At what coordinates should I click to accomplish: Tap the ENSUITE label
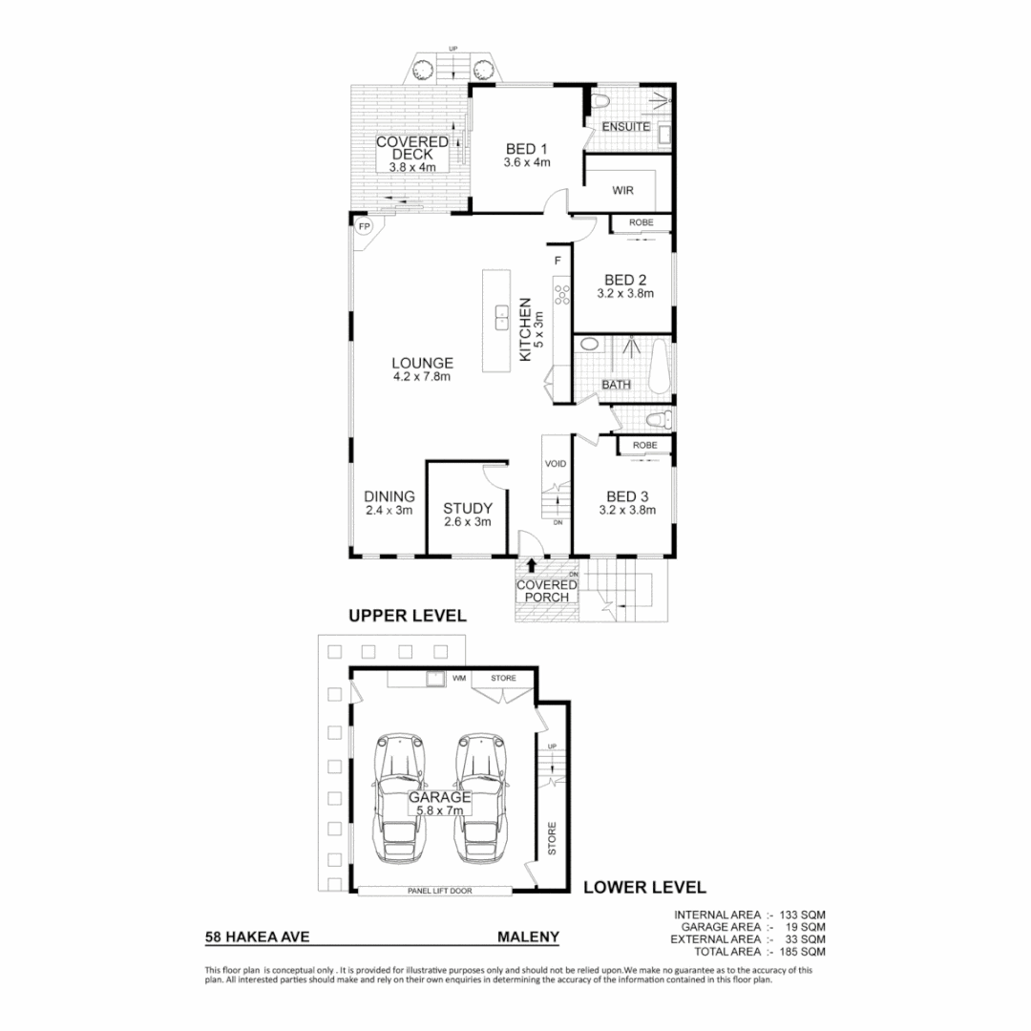626,126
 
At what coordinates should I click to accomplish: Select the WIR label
623,189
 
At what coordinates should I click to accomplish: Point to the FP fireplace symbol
363,227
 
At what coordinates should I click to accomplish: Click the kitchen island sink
501,318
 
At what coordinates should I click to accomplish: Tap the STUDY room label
468,508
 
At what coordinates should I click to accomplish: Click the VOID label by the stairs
556,464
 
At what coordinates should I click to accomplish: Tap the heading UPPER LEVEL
407,616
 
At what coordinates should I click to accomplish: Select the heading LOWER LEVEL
644,886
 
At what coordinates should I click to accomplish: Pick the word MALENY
528,937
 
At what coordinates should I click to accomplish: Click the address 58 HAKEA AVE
257,937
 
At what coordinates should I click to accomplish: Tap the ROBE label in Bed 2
642,222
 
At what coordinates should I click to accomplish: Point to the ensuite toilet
600,103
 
